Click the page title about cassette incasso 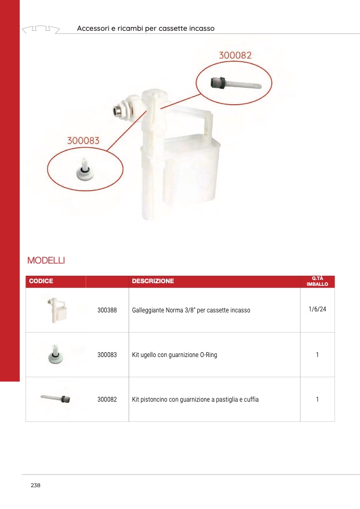(146, 28)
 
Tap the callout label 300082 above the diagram (235, 55)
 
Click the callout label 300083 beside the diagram (83, 141)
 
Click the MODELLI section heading (46, 261)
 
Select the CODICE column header (41, 281)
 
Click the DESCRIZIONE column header (153, 281)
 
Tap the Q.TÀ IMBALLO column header (317, 281)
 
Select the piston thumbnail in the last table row (56, 398)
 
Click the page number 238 (36, 486)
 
